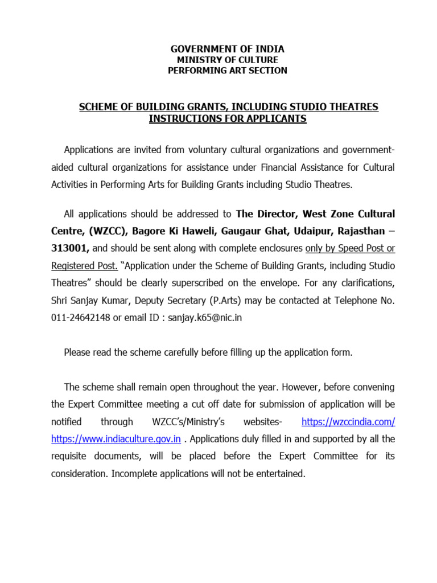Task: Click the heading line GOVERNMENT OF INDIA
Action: click(x=227, y=49)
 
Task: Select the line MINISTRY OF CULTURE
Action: click(x=227, y=60)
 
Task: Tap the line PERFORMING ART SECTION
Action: click(x=227, y=71)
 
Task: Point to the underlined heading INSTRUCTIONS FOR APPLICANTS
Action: click(x=228, y=118)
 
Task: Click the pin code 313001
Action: click(x=70, y=248)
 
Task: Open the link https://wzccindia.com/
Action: click(x=348, y=422)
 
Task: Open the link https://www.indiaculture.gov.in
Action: click(x=116, y=439)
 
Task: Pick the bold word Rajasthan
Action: click(x=361, y=231)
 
